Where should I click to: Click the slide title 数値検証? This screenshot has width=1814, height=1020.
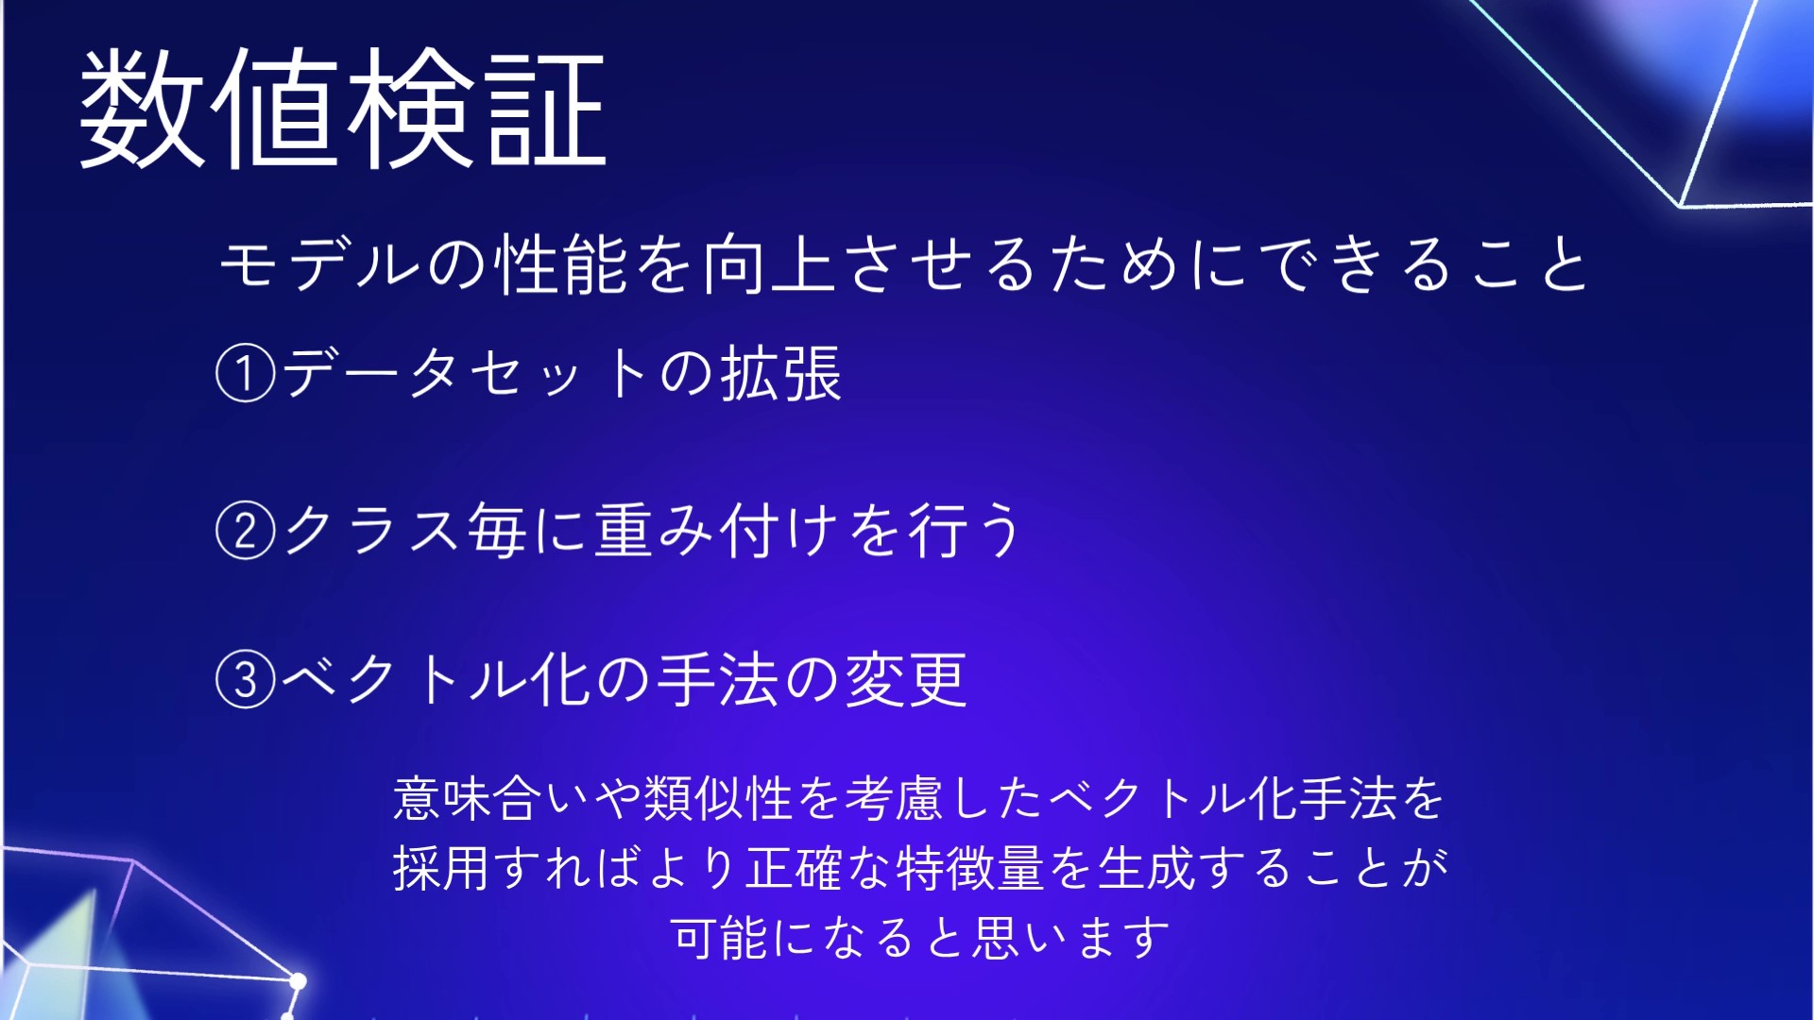pos(343,108)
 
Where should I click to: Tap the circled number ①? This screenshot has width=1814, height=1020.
pos(246,373)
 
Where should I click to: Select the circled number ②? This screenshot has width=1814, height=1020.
pos(246,530)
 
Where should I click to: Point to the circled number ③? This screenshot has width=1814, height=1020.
pos(246,679)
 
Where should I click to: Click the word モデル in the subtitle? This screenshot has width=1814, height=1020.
pos(320,263)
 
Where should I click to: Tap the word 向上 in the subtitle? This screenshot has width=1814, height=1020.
pos(768,263)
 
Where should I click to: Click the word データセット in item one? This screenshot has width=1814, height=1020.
pos(463,373)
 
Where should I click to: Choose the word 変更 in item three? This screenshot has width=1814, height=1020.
pos(906,679)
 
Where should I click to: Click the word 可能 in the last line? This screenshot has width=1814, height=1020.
pos(720,938)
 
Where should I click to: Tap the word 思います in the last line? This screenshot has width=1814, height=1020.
pos(1071,938)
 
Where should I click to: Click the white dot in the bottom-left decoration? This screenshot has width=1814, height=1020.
pos(298,982)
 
